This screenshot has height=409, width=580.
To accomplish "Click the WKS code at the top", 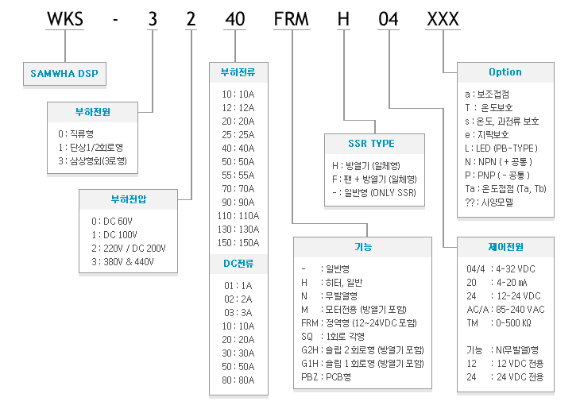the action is (65, 19).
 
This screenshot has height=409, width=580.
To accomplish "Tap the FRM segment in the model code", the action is (292, 19).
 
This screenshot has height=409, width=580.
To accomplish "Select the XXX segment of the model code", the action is (443, 19).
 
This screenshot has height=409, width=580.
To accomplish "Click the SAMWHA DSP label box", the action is (64, 74).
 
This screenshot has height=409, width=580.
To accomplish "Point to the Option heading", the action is (505, 72).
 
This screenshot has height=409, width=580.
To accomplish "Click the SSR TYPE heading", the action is (371, 144).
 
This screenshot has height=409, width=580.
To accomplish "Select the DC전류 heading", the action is (238, 264).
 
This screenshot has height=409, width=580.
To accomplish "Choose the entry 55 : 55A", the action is (238, 176).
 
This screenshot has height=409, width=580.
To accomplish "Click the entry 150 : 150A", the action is (238, 243).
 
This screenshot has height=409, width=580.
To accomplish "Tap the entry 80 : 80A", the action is (238, 380).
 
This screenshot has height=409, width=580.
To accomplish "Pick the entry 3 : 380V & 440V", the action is (122, 262).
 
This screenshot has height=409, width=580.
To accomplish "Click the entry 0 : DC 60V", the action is (112, 221).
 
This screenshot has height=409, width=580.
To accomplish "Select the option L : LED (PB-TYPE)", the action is (501, 149).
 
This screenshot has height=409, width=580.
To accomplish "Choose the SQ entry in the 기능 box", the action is (333, 337).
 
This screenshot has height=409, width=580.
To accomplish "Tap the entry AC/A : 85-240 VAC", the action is (505, 310).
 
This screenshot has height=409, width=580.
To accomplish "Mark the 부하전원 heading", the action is (92, 112).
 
